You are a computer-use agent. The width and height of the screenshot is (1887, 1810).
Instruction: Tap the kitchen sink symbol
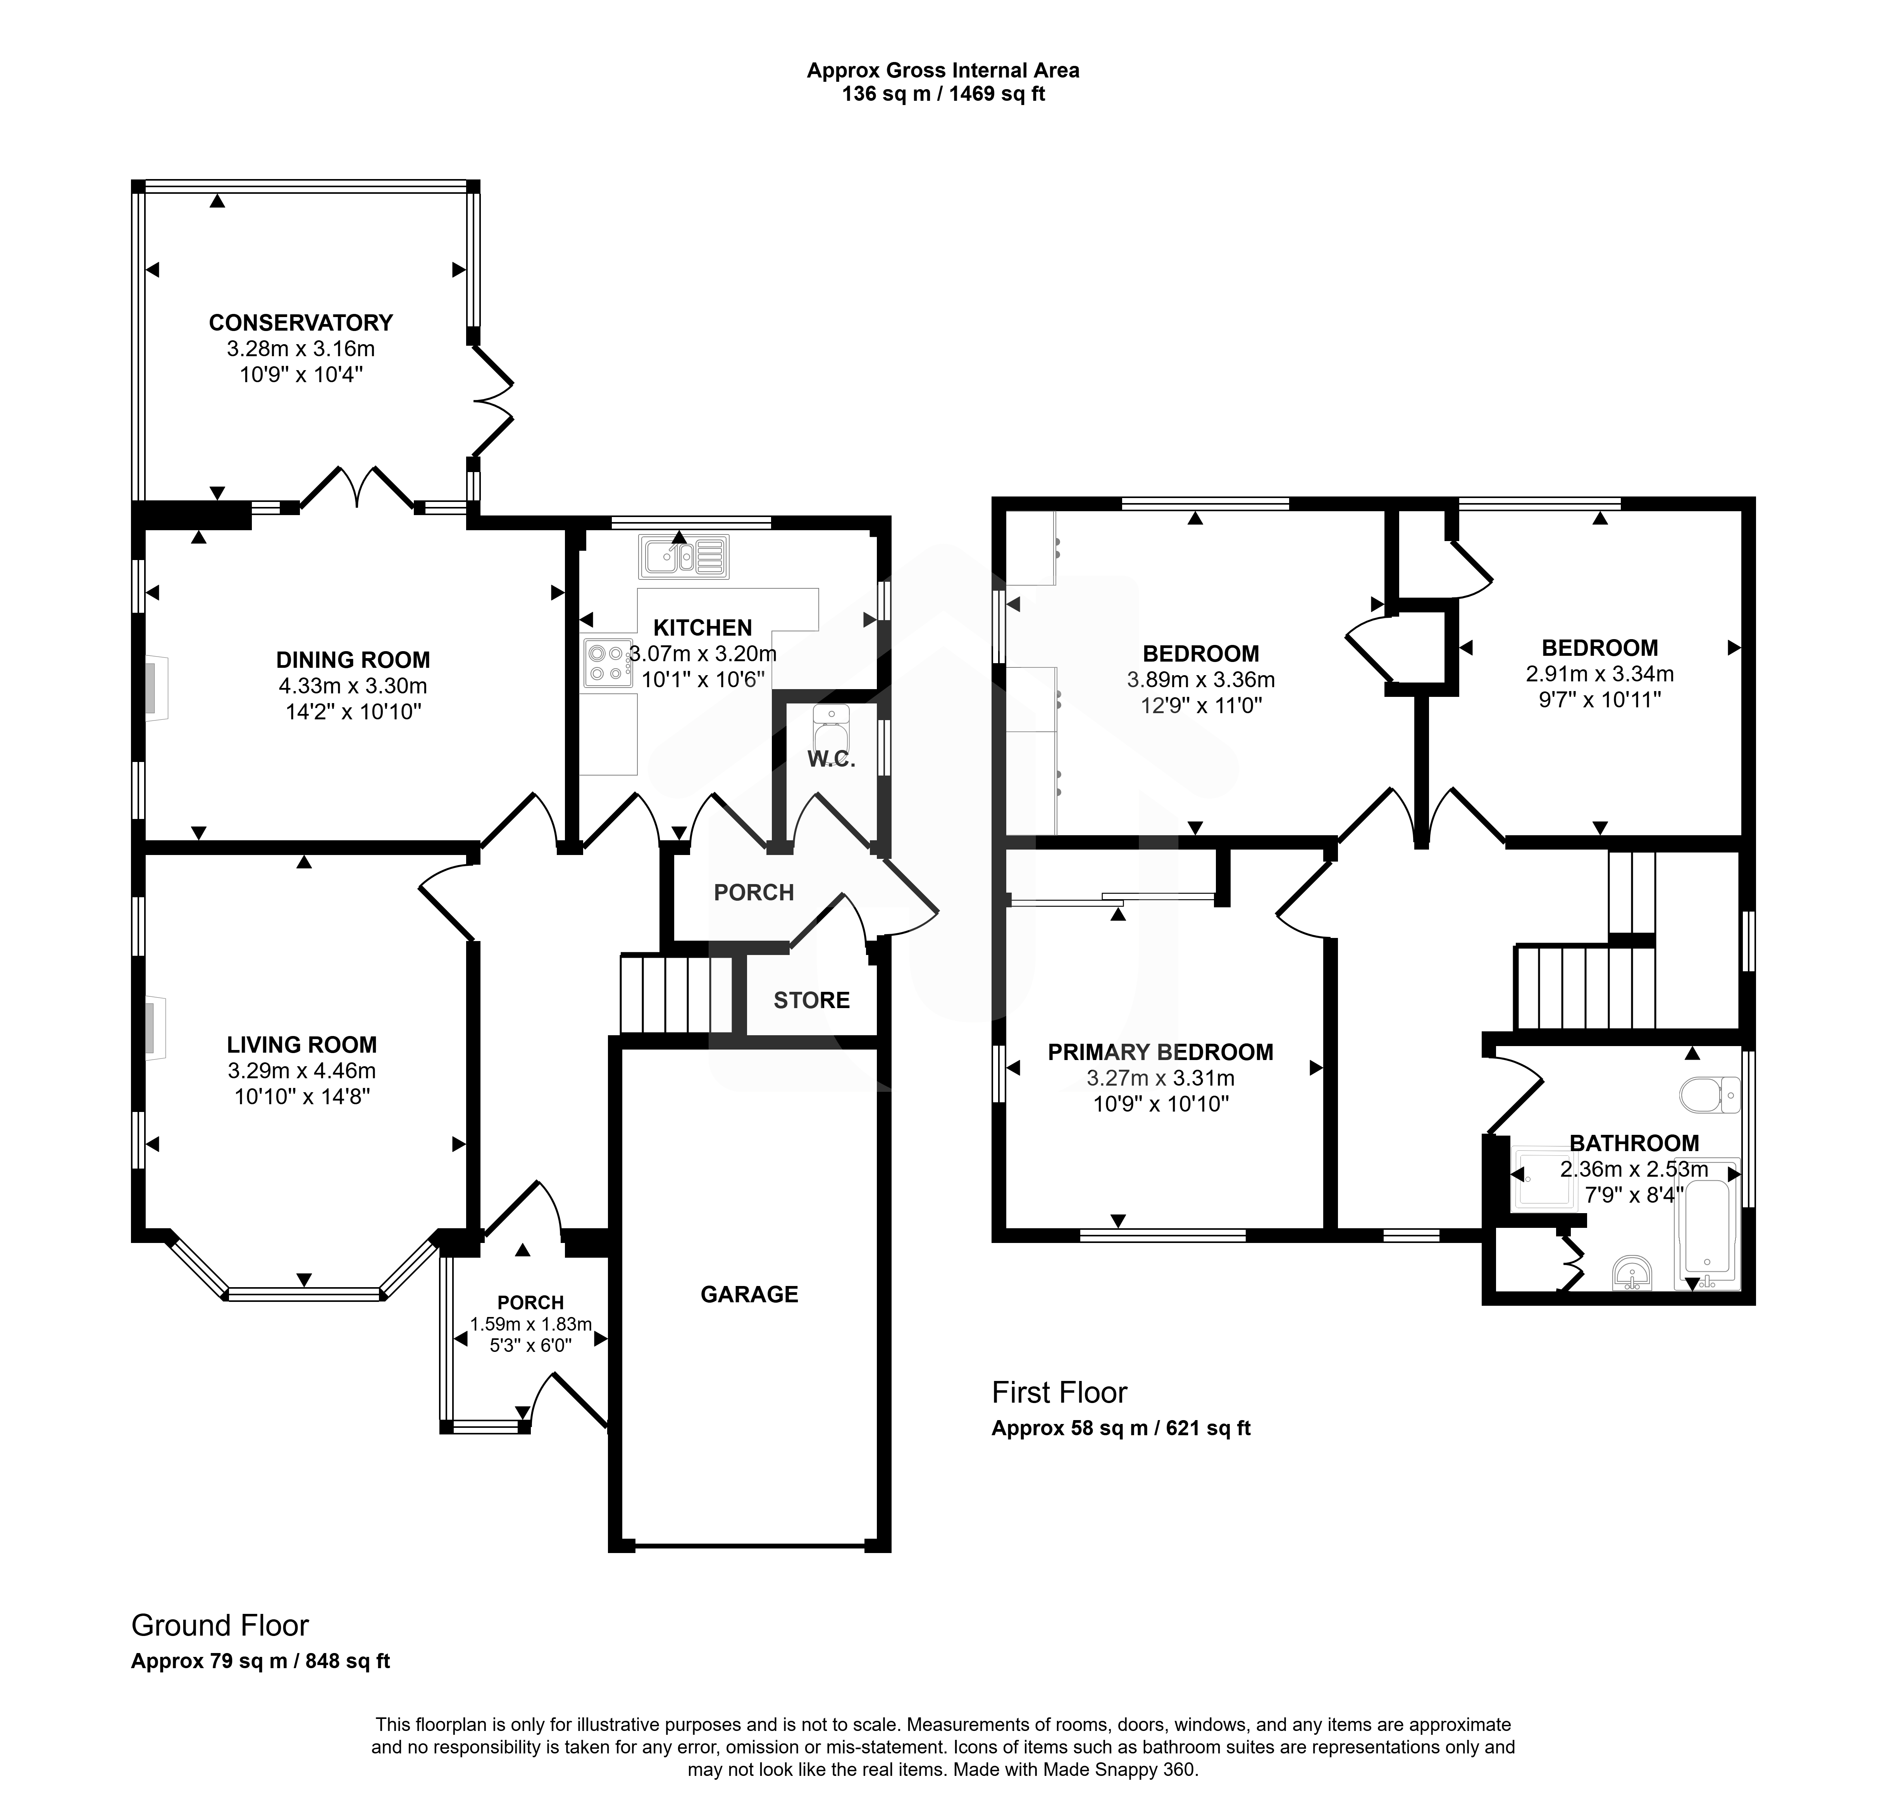coord(684,557)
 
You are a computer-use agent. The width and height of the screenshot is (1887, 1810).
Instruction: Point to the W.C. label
coord(832,760)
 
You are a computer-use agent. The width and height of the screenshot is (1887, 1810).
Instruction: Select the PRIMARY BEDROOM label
coord(1160,1052)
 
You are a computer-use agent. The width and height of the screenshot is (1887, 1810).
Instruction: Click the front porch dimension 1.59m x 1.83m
coord(530,1325)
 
